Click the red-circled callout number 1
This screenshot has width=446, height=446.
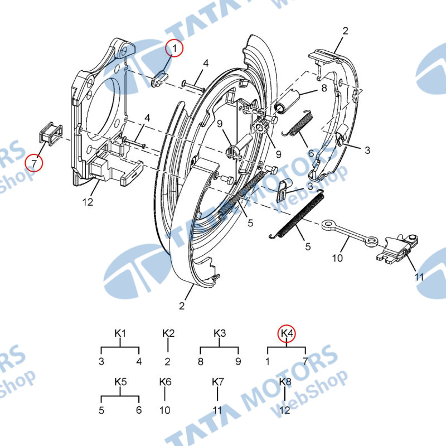pyautogui.click(x=174, y=48)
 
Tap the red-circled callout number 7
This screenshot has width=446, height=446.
pyautogui.click(x=34, y=163)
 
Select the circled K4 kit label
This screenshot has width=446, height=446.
pyautogui.click(x=287, y=333)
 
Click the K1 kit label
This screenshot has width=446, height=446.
pyautogui.click(x=120, y=333)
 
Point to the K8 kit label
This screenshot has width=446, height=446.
pyautogui.click(x=285, y=382)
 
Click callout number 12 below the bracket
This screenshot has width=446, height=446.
pyautogui.click(x=88, y=202)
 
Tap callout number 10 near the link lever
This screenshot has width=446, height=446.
pyautogui.click(x=337, y=258)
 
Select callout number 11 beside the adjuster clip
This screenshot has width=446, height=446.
pyautogui.click(x=419, y=277)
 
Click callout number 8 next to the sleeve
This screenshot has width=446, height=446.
pyautogui.click(x=324, y=88)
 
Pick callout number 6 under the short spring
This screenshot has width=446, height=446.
pyautogui.click(x=311, y=153)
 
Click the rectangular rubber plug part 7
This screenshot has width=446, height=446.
pyautogui.click(x=50, y=134)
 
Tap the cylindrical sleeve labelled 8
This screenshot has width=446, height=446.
pyautogui.click(x=287, y=101)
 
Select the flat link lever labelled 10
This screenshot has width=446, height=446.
pyautogui.click(x=350, y=232)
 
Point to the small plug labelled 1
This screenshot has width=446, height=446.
pyautogui.click(x=160, y=79)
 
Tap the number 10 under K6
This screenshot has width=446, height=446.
pyautogui.click(x=164, y=410)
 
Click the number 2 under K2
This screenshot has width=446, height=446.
pyautogui.click(x=168, y=361)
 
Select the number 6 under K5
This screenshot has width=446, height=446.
pyautogui.click(x=138, y=410)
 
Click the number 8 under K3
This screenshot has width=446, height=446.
pyautogui.click(x=201, y=361)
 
